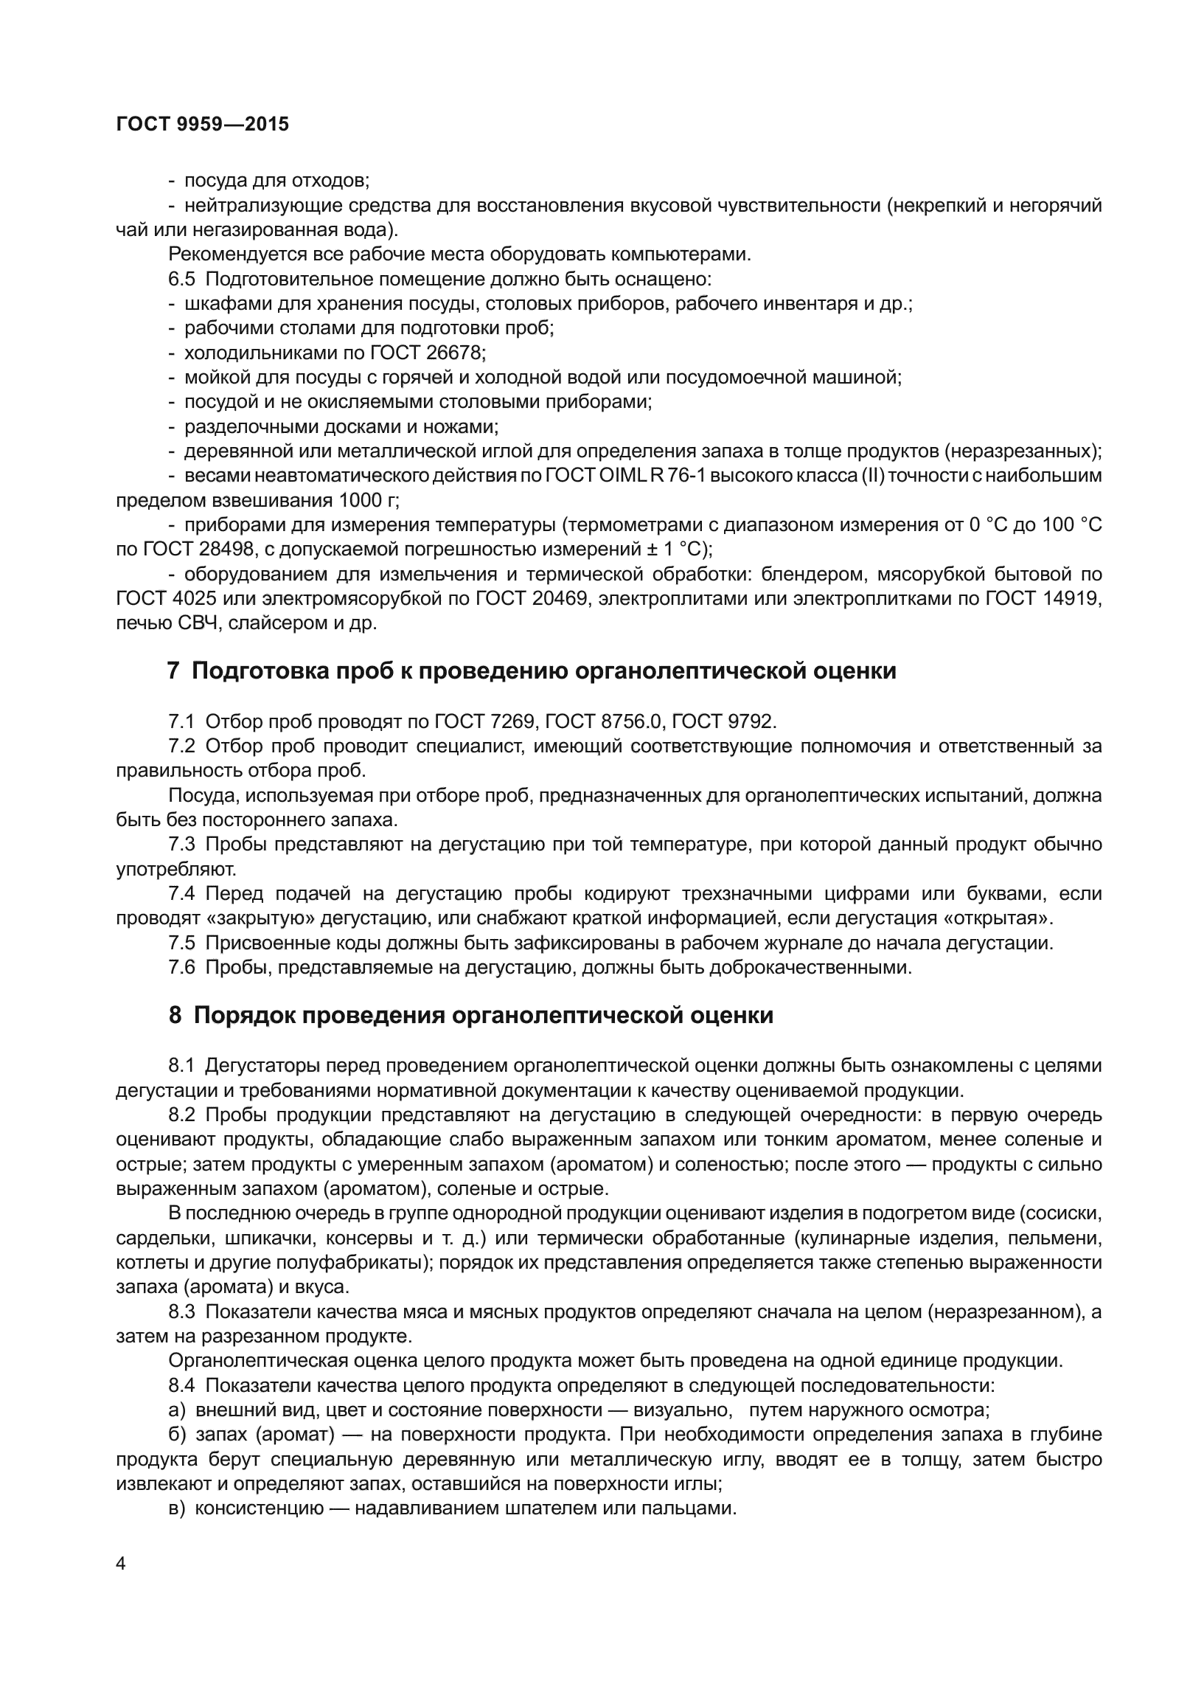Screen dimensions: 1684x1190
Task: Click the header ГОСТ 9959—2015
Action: (203, 125)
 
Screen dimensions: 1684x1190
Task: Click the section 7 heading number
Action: (174, 671)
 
